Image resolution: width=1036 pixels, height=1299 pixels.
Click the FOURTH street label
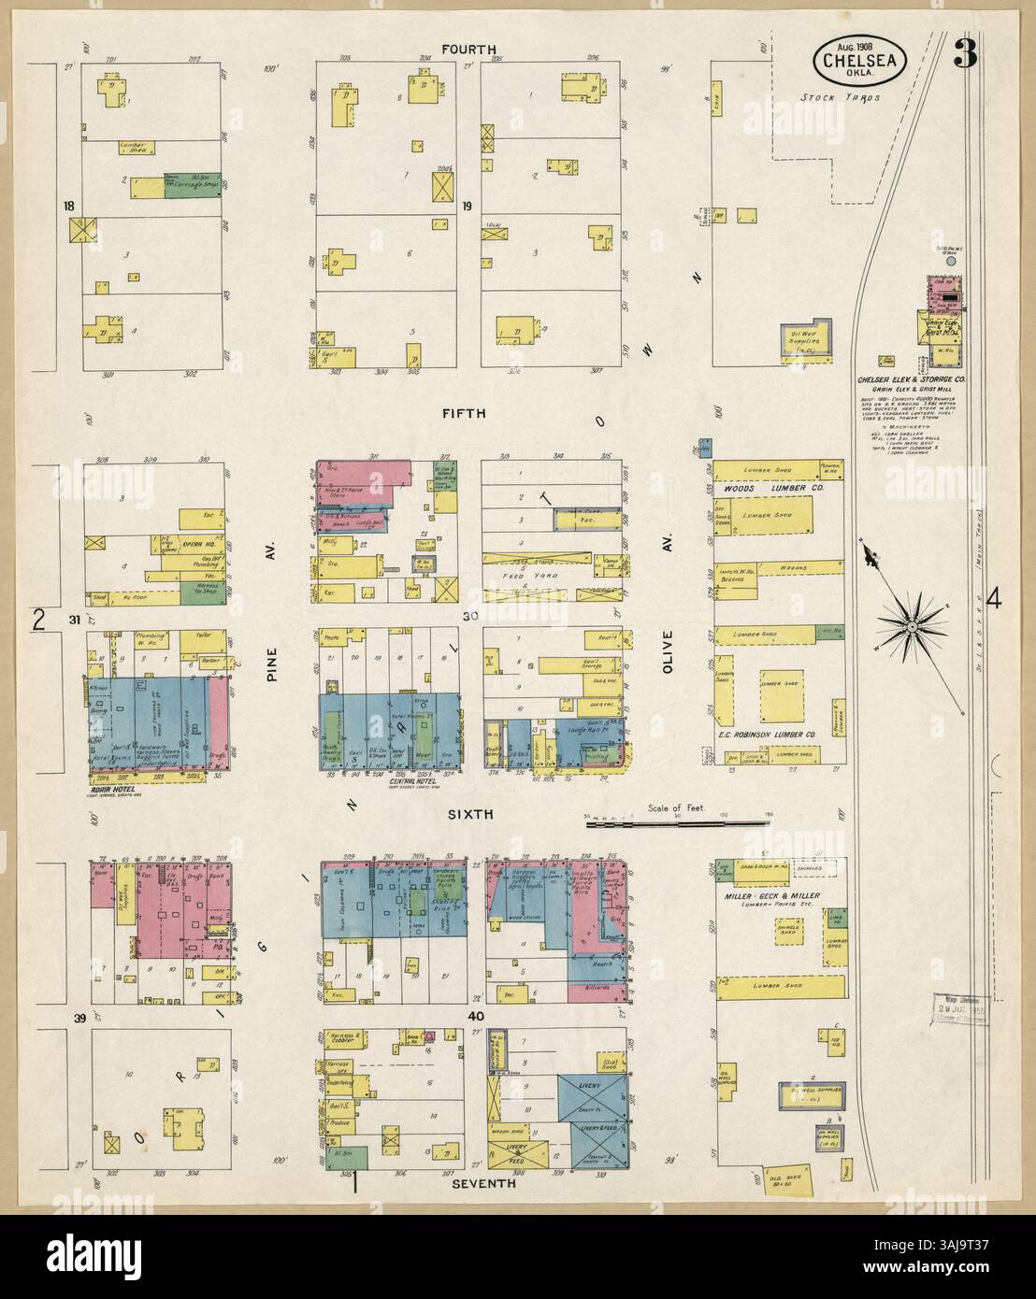469,49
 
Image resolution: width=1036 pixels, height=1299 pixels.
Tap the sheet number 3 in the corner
964,57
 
